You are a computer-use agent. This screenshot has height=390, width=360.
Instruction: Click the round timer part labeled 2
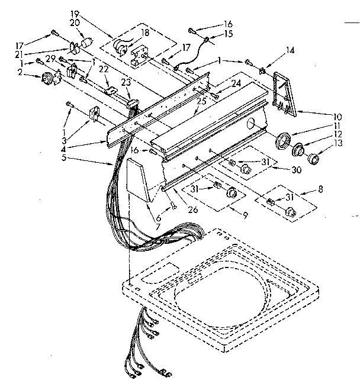[x=47, y=78]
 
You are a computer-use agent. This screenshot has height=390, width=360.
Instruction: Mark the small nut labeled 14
[x=261, y=70]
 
